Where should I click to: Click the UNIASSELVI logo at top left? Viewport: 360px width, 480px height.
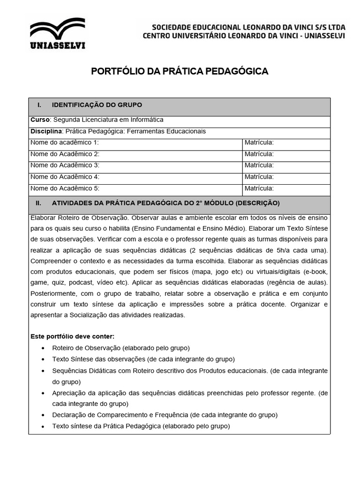pyautogui.click(x=57, y=34)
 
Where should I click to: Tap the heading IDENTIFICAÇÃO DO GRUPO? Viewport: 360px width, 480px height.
pyautogui.click(x=97, y=105)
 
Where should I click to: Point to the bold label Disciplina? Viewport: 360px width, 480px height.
pyautogui.click(x=46, y=131)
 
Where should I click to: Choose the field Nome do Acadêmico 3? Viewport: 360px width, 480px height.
pyautogui.click(x=65, y=165)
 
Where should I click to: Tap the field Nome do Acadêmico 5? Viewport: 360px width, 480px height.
pyautogui.click(x=65, y=188)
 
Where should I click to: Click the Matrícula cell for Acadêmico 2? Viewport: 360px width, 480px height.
pyautogui.click(x=259, y=154)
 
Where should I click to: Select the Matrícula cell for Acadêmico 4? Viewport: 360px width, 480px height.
pyautogui.click(x=259, y=177)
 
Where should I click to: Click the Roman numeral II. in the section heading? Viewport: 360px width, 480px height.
pyautogui.click(x=38, y=203)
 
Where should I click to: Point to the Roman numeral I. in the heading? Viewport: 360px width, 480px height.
pyautogui.click(x=40, y=105)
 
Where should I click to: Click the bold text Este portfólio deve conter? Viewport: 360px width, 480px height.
pyautogui.click(x=72, y=337)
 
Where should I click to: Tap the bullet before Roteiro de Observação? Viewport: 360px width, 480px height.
pyautogui.click(x=43, y=348)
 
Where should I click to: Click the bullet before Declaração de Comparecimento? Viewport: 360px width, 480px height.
pyautogui.click(x=43, y=415)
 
